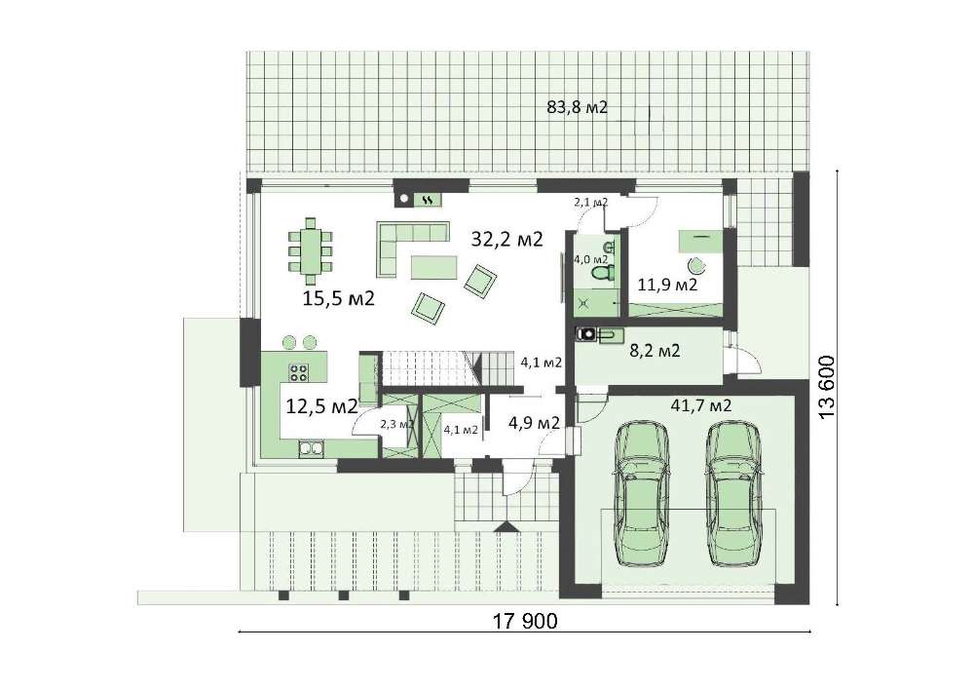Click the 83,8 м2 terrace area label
click(x=577, y=107)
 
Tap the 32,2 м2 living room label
click(x=506, y=239)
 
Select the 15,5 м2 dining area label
click(x=339, y=298)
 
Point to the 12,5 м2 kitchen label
click(x=321, y=406)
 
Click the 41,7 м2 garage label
click(x=701, y=405)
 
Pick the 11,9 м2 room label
click(x=667, y=286)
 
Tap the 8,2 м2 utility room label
click(x=655, y=351)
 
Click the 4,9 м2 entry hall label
click(x=534, y=423)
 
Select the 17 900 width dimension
click(x=525, y=621)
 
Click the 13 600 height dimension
click(x=827, y=387)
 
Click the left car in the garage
click(x=641, y=494)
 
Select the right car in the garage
click(x=733, y=494)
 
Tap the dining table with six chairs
click(x=310, y=247)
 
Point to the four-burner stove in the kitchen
click(x=298, y=372)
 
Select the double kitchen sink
click(x=311, y=448)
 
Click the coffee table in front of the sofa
click(x=433, y=267)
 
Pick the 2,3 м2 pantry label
click(x=396, y=425)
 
